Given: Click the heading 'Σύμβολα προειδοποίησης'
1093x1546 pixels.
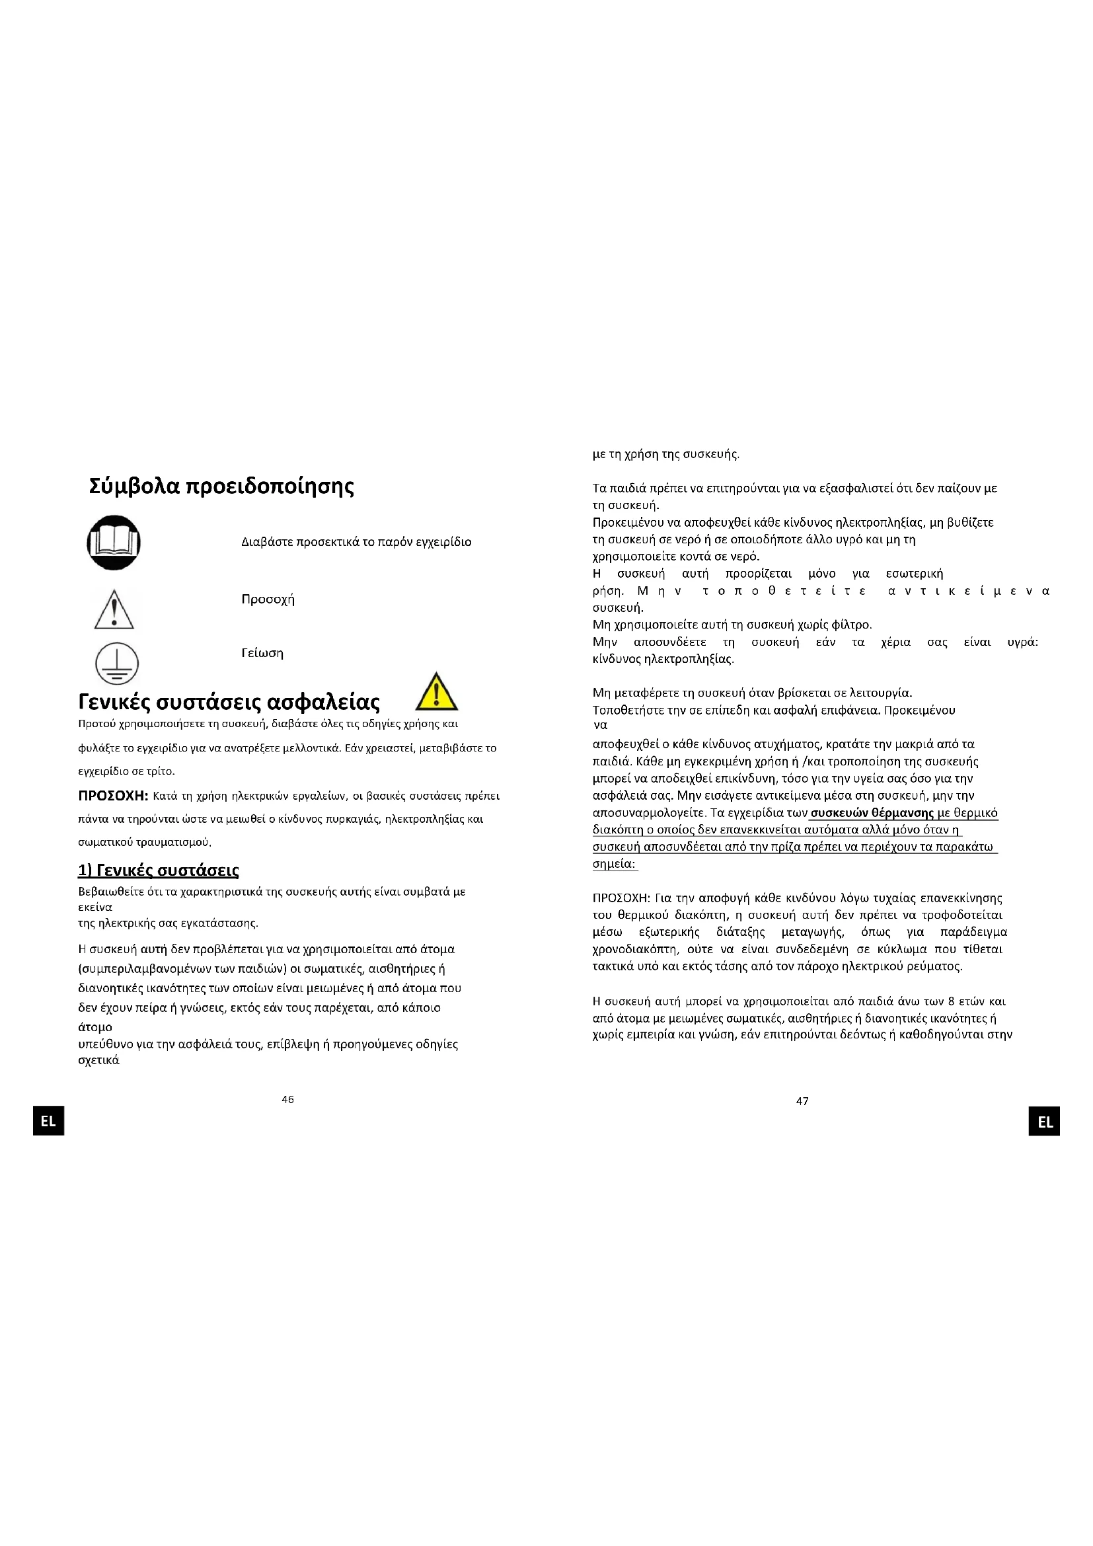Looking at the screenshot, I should [x=221, y=486].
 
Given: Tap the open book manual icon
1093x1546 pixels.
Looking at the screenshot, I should [x=114, y=543].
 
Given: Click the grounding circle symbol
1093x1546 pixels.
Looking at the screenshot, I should [x=116, y=663].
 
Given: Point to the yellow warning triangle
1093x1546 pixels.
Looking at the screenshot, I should [x=436, y=693].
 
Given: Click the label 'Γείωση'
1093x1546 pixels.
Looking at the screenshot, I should [x=262, y=653].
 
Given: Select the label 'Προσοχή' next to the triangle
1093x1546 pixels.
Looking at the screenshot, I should [x=268, y=599].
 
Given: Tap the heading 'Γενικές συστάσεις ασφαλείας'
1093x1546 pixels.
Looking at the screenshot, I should [x=229, y=703].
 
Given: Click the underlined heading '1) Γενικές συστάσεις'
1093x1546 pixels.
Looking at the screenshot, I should [x=158, y=870].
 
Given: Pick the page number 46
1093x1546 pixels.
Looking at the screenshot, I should [x=287, y=1100].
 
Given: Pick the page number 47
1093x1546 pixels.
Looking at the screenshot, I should [x=802, y=1101].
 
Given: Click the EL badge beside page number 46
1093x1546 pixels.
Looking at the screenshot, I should [x=48, y=1122].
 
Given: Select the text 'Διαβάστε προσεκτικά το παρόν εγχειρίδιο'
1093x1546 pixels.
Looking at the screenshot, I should [x=356, y=542].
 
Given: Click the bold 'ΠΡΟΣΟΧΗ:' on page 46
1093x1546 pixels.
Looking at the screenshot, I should [x=113, y=796].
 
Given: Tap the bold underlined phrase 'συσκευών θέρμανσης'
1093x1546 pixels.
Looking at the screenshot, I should [x=872, y=813].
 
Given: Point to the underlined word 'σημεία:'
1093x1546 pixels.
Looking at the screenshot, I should [x=615, y=864].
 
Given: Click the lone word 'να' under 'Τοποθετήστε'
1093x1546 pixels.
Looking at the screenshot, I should [x=600, y=726].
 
